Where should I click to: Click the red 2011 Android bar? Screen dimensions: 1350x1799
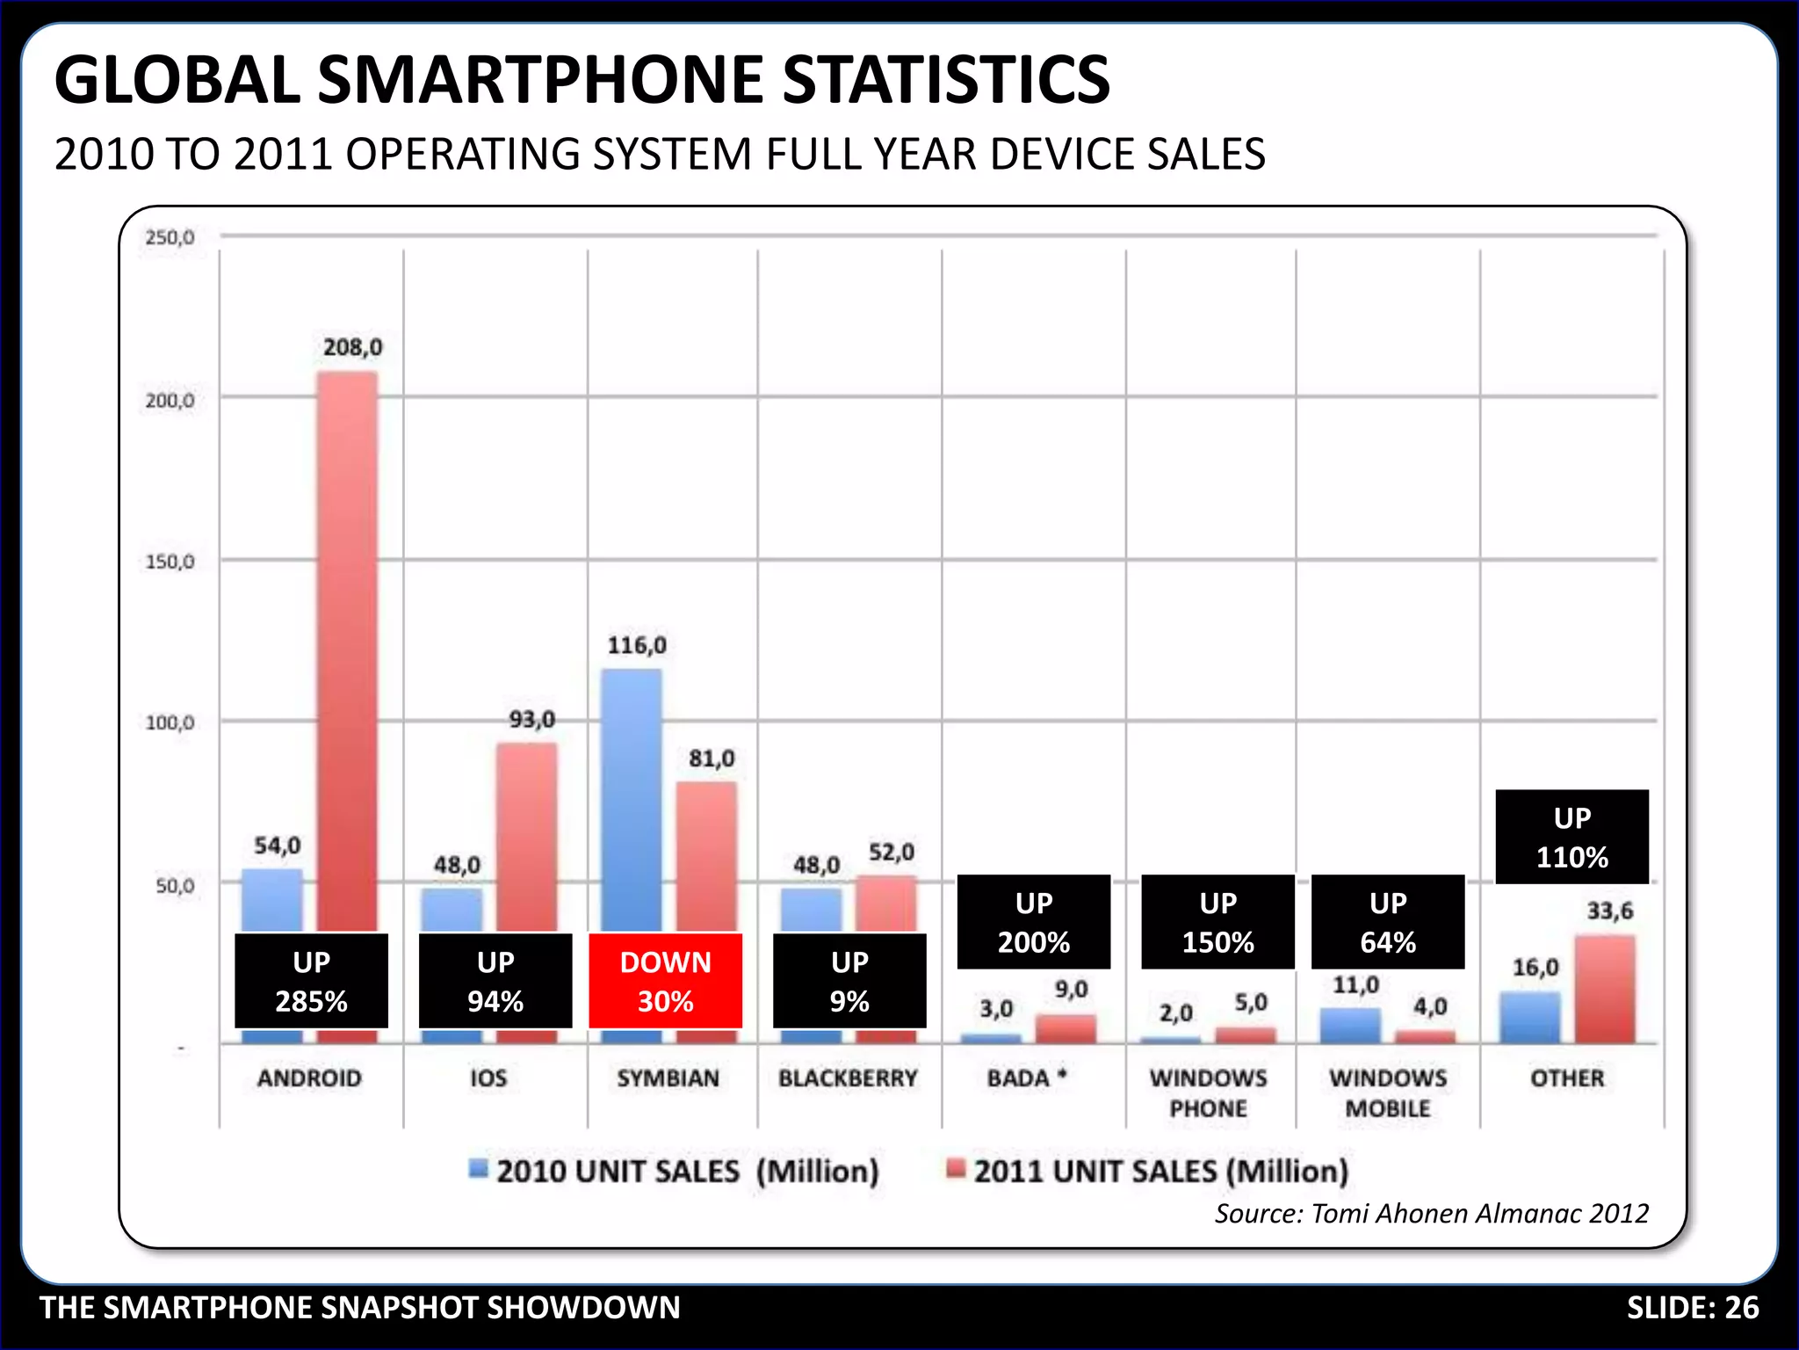click(347, 650)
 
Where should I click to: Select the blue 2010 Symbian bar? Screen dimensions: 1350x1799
click(631, 800)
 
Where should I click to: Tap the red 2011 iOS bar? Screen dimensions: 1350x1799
click(526, 835)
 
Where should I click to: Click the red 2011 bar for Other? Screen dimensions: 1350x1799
click(1605, 990)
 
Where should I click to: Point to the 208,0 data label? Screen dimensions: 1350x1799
click(352, 348)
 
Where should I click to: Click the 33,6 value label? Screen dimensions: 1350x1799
click(1609, 911)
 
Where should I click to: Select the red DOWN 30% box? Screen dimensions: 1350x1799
click(665, 981)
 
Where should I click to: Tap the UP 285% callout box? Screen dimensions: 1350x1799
click(311, 981)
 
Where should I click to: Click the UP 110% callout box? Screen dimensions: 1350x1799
click(1571, 837)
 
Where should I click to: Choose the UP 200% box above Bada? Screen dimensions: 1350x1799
click(1033, 922)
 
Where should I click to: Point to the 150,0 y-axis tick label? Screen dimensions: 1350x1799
click(170, 562)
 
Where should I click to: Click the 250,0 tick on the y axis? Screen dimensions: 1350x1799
click(170, 237)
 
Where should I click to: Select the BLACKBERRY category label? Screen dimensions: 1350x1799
click(848, 1078)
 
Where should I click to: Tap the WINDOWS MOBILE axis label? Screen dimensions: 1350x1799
click(1388, 1092)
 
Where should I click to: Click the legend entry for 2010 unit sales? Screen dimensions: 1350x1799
click(674, 1172)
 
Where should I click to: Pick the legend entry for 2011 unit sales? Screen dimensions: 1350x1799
click(1147, 1172)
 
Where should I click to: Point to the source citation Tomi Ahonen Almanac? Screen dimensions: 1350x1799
click(1431, 1214)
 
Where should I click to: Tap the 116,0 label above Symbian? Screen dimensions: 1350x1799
click(637, 646)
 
